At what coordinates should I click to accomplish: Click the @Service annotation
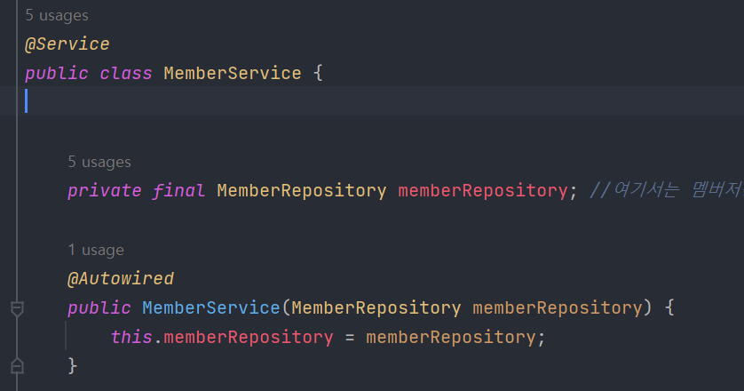click(x=67, y=44)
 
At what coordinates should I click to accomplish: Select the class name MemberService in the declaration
click(x=233, y=73)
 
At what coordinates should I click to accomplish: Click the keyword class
click(x=126, y=73)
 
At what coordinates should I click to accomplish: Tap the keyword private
click(x=104, y=190)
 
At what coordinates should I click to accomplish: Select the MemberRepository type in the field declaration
click(x=302, y=190)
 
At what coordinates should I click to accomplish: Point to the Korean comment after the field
click(x=666, y=190)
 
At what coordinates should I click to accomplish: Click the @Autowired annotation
click(x=121, y=279)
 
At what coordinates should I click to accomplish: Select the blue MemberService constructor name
click(x=211, y=308)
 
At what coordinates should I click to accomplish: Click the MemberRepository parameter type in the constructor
click(x=376, y=308)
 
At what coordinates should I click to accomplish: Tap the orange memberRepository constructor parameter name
click(x=557, y=308)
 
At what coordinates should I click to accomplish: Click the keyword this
click(x=131, y=338)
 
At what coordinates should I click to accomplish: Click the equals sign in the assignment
click(x=350, y=338)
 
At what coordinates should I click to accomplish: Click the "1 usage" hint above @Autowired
click(x=96, y=251)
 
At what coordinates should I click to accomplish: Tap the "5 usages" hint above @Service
click(x=57, y=16)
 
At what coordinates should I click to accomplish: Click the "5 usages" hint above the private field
click(x=99, y=162)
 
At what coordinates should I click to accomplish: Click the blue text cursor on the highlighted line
click(x=27, y=101)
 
